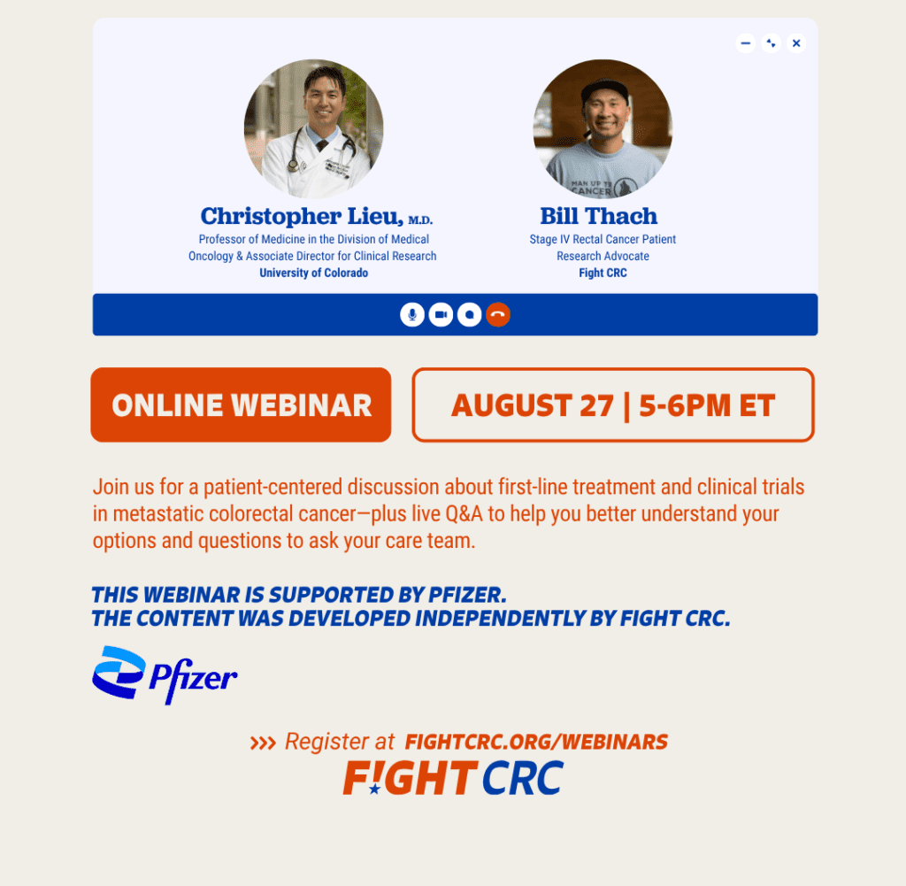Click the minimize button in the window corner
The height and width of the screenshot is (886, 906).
[745, 43]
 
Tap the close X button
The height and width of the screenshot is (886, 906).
[796, 43]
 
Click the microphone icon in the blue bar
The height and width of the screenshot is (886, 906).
[412, 314]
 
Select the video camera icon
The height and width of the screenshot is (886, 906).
[441, 314]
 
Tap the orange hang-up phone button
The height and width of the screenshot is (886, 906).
[498, 314]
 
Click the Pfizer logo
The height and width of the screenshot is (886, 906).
[165, 675]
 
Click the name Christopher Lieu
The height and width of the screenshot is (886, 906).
[302, 216]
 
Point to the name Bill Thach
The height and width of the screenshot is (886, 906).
[599, 216]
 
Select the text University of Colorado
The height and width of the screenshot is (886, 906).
[314, 273]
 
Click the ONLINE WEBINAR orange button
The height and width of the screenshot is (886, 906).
[241, 404]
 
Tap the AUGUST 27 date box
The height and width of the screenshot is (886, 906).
[613, 404]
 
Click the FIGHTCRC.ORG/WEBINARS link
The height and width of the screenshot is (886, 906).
[536, 742]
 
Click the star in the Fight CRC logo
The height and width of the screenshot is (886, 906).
[374, 789]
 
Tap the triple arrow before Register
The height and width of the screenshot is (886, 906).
[263, 743]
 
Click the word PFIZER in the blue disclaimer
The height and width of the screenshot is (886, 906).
[467, 595]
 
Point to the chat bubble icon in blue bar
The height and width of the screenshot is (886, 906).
[469, 314]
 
